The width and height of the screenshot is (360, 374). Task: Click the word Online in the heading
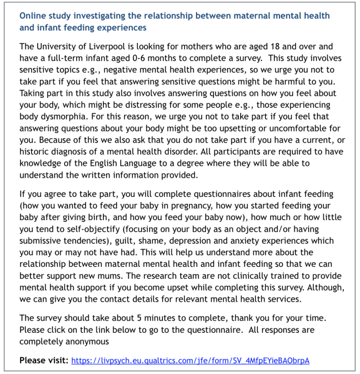tap(34, 14)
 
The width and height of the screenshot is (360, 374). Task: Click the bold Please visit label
tap(44, 360)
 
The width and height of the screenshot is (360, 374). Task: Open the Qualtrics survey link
tap(190, 361)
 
